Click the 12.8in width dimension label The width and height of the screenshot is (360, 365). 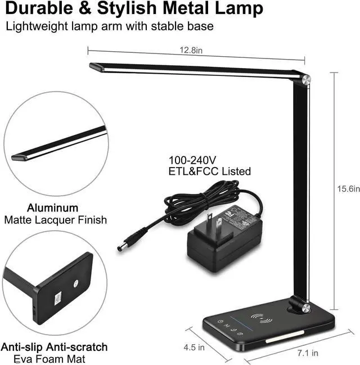tap(191, 51)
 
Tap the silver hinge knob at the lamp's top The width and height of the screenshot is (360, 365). tap(305, 80)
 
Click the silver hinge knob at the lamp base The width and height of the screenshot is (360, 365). tap(305, 307)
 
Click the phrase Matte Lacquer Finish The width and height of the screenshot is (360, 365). tap(55, 220)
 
